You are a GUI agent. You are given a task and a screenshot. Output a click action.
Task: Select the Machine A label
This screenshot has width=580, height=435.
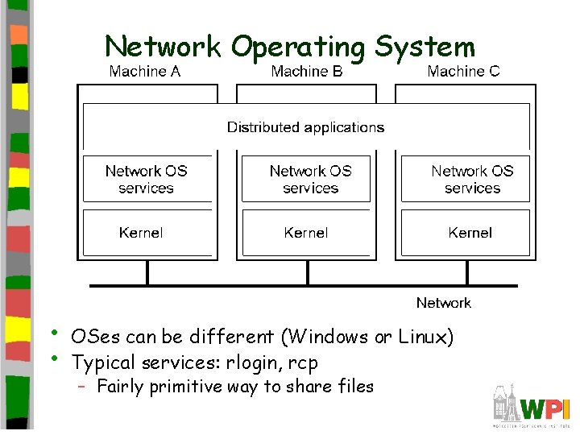coord(145,72)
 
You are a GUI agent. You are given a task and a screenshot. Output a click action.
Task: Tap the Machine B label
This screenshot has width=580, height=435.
coord(307,72)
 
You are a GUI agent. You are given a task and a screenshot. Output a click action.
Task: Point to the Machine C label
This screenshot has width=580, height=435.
coord(463,72)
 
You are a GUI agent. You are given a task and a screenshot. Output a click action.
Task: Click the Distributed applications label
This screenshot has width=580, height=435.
coord(305,127)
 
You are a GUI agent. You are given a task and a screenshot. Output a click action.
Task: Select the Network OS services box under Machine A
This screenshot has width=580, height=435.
coord(147,179)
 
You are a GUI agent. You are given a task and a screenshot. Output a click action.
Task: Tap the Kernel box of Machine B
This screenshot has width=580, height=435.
coord(307,233)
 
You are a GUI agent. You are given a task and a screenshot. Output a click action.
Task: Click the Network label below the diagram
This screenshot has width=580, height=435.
coord(443,303)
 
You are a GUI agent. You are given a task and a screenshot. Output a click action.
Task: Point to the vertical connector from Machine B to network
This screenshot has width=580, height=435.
coord(307,273)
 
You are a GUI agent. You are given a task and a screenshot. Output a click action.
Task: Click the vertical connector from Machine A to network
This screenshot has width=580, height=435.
coord(147,273)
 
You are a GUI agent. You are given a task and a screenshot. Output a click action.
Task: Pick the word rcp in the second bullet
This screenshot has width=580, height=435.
coord(302,363)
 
